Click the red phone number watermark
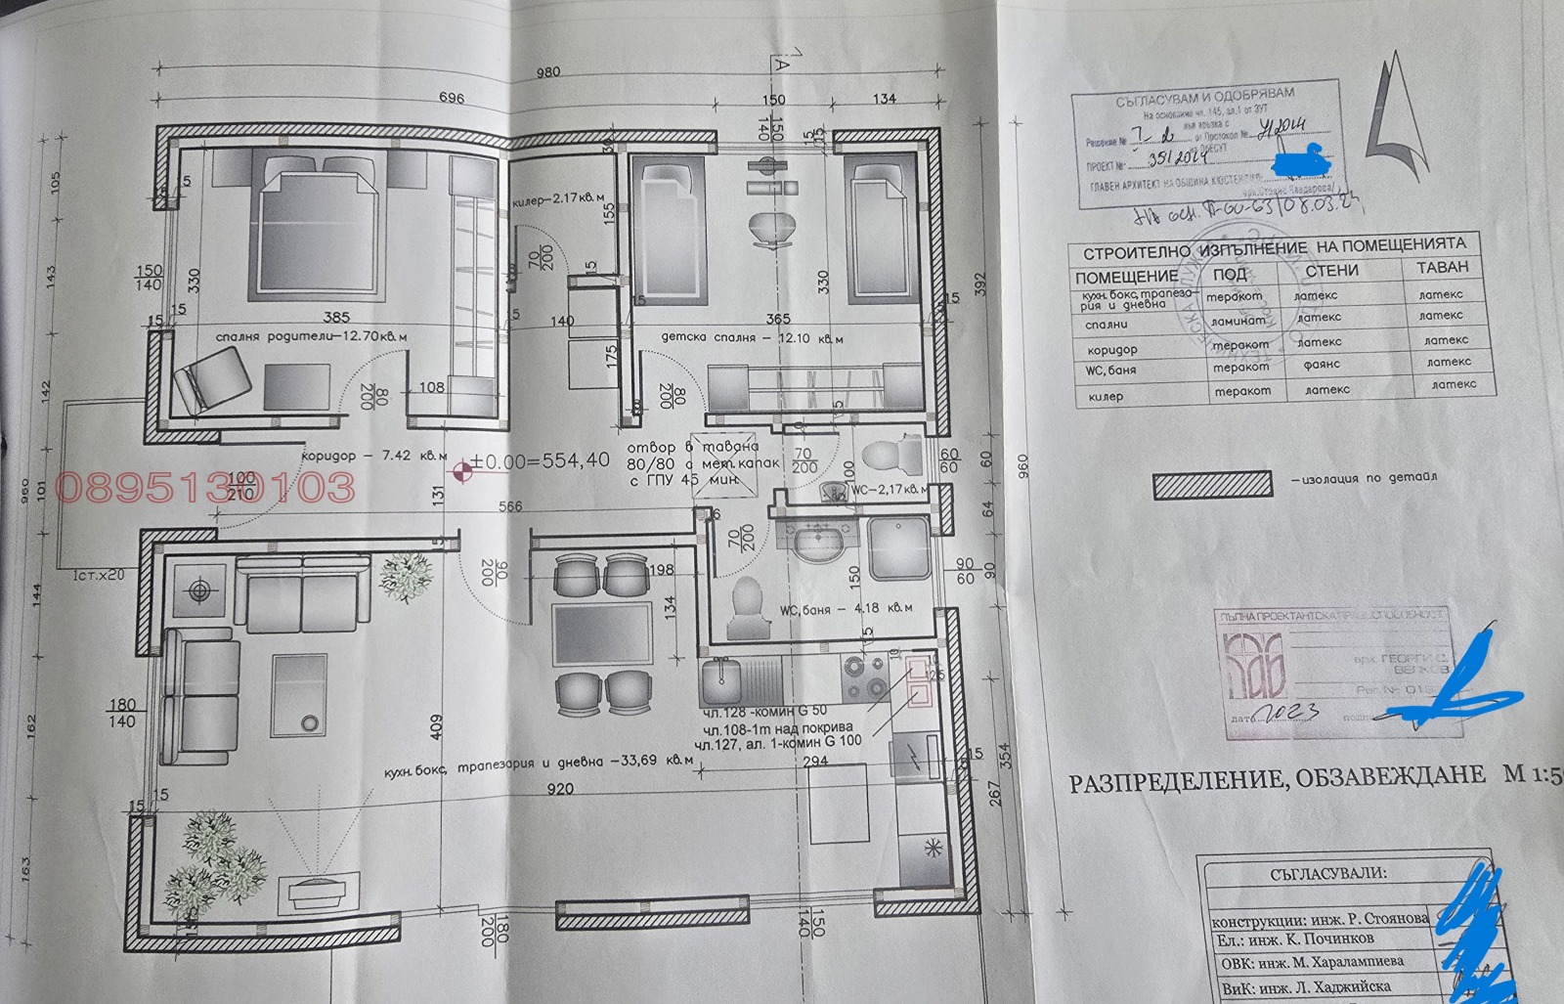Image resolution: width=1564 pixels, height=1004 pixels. coord(206,487)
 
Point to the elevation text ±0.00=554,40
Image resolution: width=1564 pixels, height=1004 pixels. coord(540,460)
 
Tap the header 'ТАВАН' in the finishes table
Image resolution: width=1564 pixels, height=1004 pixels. coord(1442,266)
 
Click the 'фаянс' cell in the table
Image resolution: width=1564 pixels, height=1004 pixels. coord(1323,365)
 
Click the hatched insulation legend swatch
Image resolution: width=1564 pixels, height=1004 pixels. coord(1212,483)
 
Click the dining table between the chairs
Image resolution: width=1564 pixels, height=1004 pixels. coord(602,633)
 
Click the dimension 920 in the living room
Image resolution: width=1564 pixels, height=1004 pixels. coord(559,789)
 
